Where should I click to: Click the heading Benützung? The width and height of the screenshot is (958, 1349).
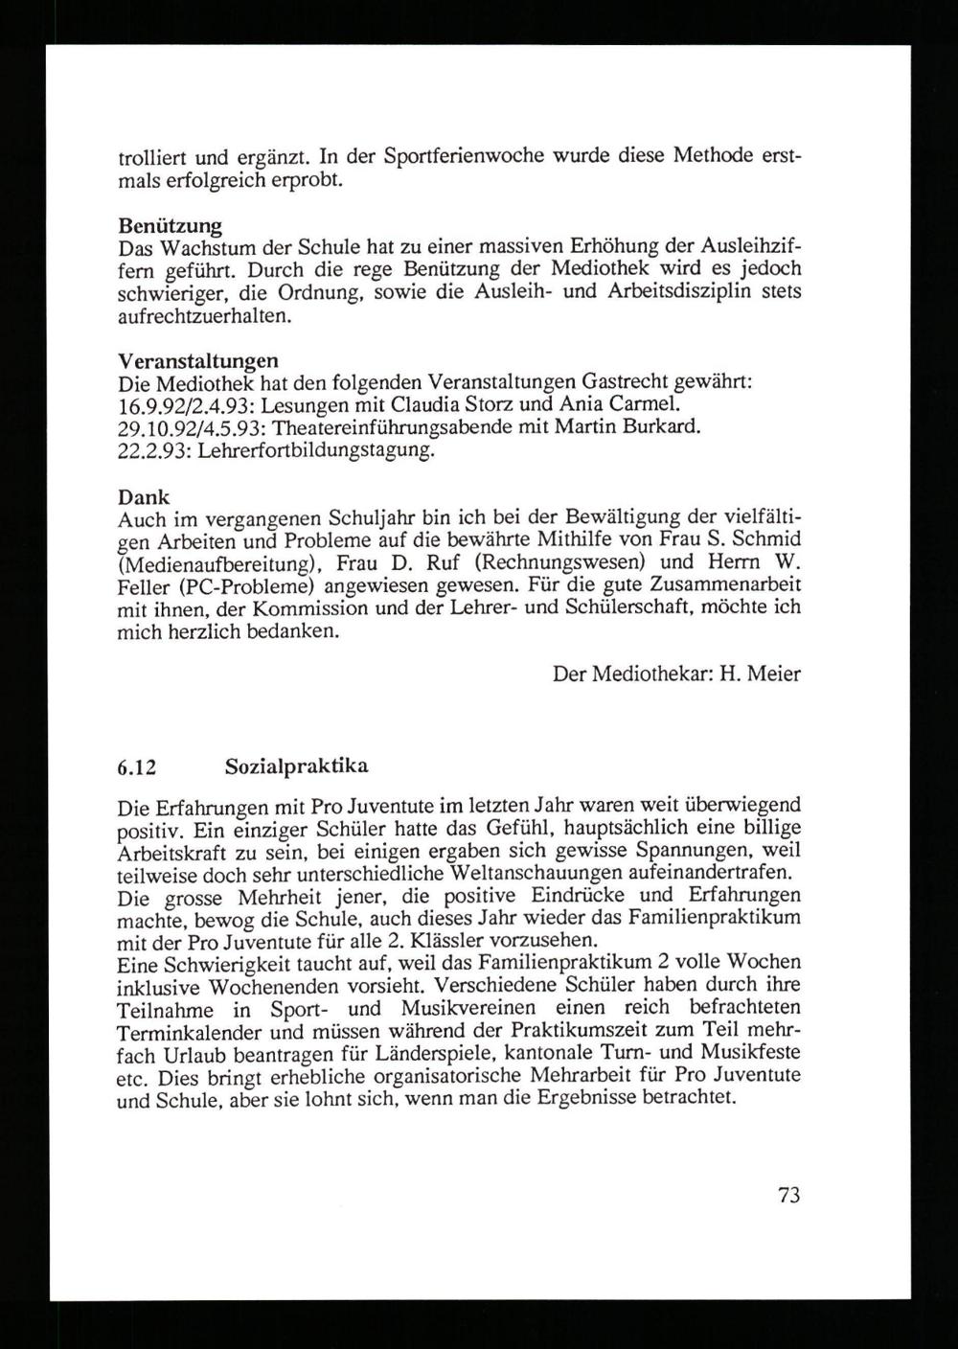170,227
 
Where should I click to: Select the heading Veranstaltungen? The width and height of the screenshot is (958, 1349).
197,361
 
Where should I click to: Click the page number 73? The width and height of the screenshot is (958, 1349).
788,1194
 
